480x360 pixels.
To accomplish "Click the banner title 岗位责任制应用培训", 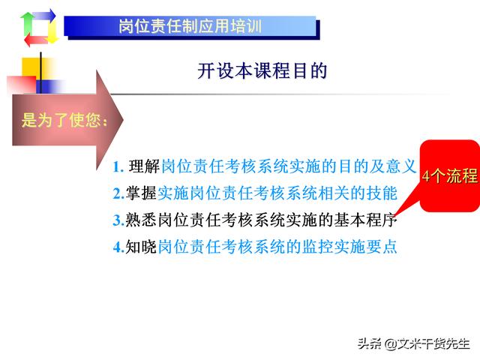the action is click(x=190, y=26).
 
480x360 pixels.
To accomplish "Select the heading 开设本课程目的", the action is click(x=262, y=70).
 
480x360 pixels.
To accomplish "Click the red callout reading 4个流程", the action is click(x=449, y=176).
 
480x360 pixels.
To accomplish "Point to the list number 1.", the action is click(x=118, y=167).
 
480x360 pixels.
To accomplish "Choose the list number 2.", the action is click(x=118, y=193).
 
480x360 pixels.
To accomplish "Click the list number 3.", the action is click(x=118, y=220).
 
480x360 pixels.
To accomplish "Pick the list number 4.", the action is click(x=118, y=247).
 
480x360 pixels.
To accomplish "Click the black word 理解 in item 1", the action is click(x=144, y=166).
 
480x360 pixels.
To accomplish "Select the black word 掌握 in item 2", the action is click(x=141, y=193).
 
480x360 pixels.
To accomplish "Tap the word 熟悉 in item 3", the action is click(x=141, y=220).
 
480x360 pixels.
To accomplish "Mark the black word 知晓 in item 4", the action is click(x=141, y=247).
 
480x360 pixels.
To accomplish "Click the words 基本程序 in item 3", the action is click(x=365, y=220).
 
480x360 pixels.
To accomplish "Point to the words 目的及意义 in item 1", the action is click(x=377, y=166).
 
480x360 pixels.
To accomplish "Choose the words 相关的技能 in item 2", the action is click(x=358, y=193).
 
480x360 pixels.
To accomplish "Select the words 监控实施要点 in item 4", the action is click(x=349, y=247).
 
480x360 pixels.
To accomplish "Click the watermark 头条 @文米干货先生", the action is click(x=413, y=343).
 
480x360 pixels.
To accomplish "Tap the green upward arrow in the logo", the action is click(x=27, y=24).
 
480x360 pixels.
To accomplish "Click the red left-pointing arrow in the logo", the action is click(x=36, y=40).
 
